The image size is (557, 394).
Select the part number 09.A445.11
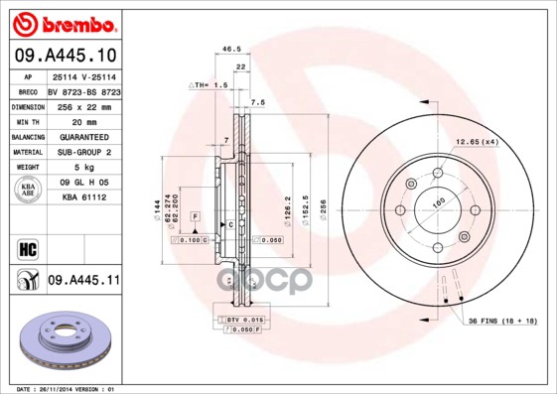coord(82,282)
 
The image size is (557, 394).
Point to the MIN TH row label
coord(25,120)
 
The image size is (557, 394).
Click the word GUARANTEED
coord(84,136)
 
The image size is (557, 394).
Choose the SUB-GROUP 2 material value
coord(84,152)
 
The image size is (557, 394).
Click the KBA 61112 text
coord(84,197)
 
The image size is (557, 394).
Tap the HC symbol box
coord(27,249)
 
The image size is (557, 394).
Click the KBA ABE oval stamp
coord(27,191)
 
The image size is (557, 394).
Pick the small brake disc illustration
coord(60,341)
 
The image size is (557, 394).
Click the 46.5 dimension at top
coord(231,49)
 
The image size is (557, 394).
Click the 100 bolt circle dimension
coord(437,204)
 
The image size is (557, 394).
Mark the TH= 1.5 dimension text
coord(210,86)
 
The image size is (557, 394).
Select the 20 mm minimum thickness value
coord(84,120)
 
